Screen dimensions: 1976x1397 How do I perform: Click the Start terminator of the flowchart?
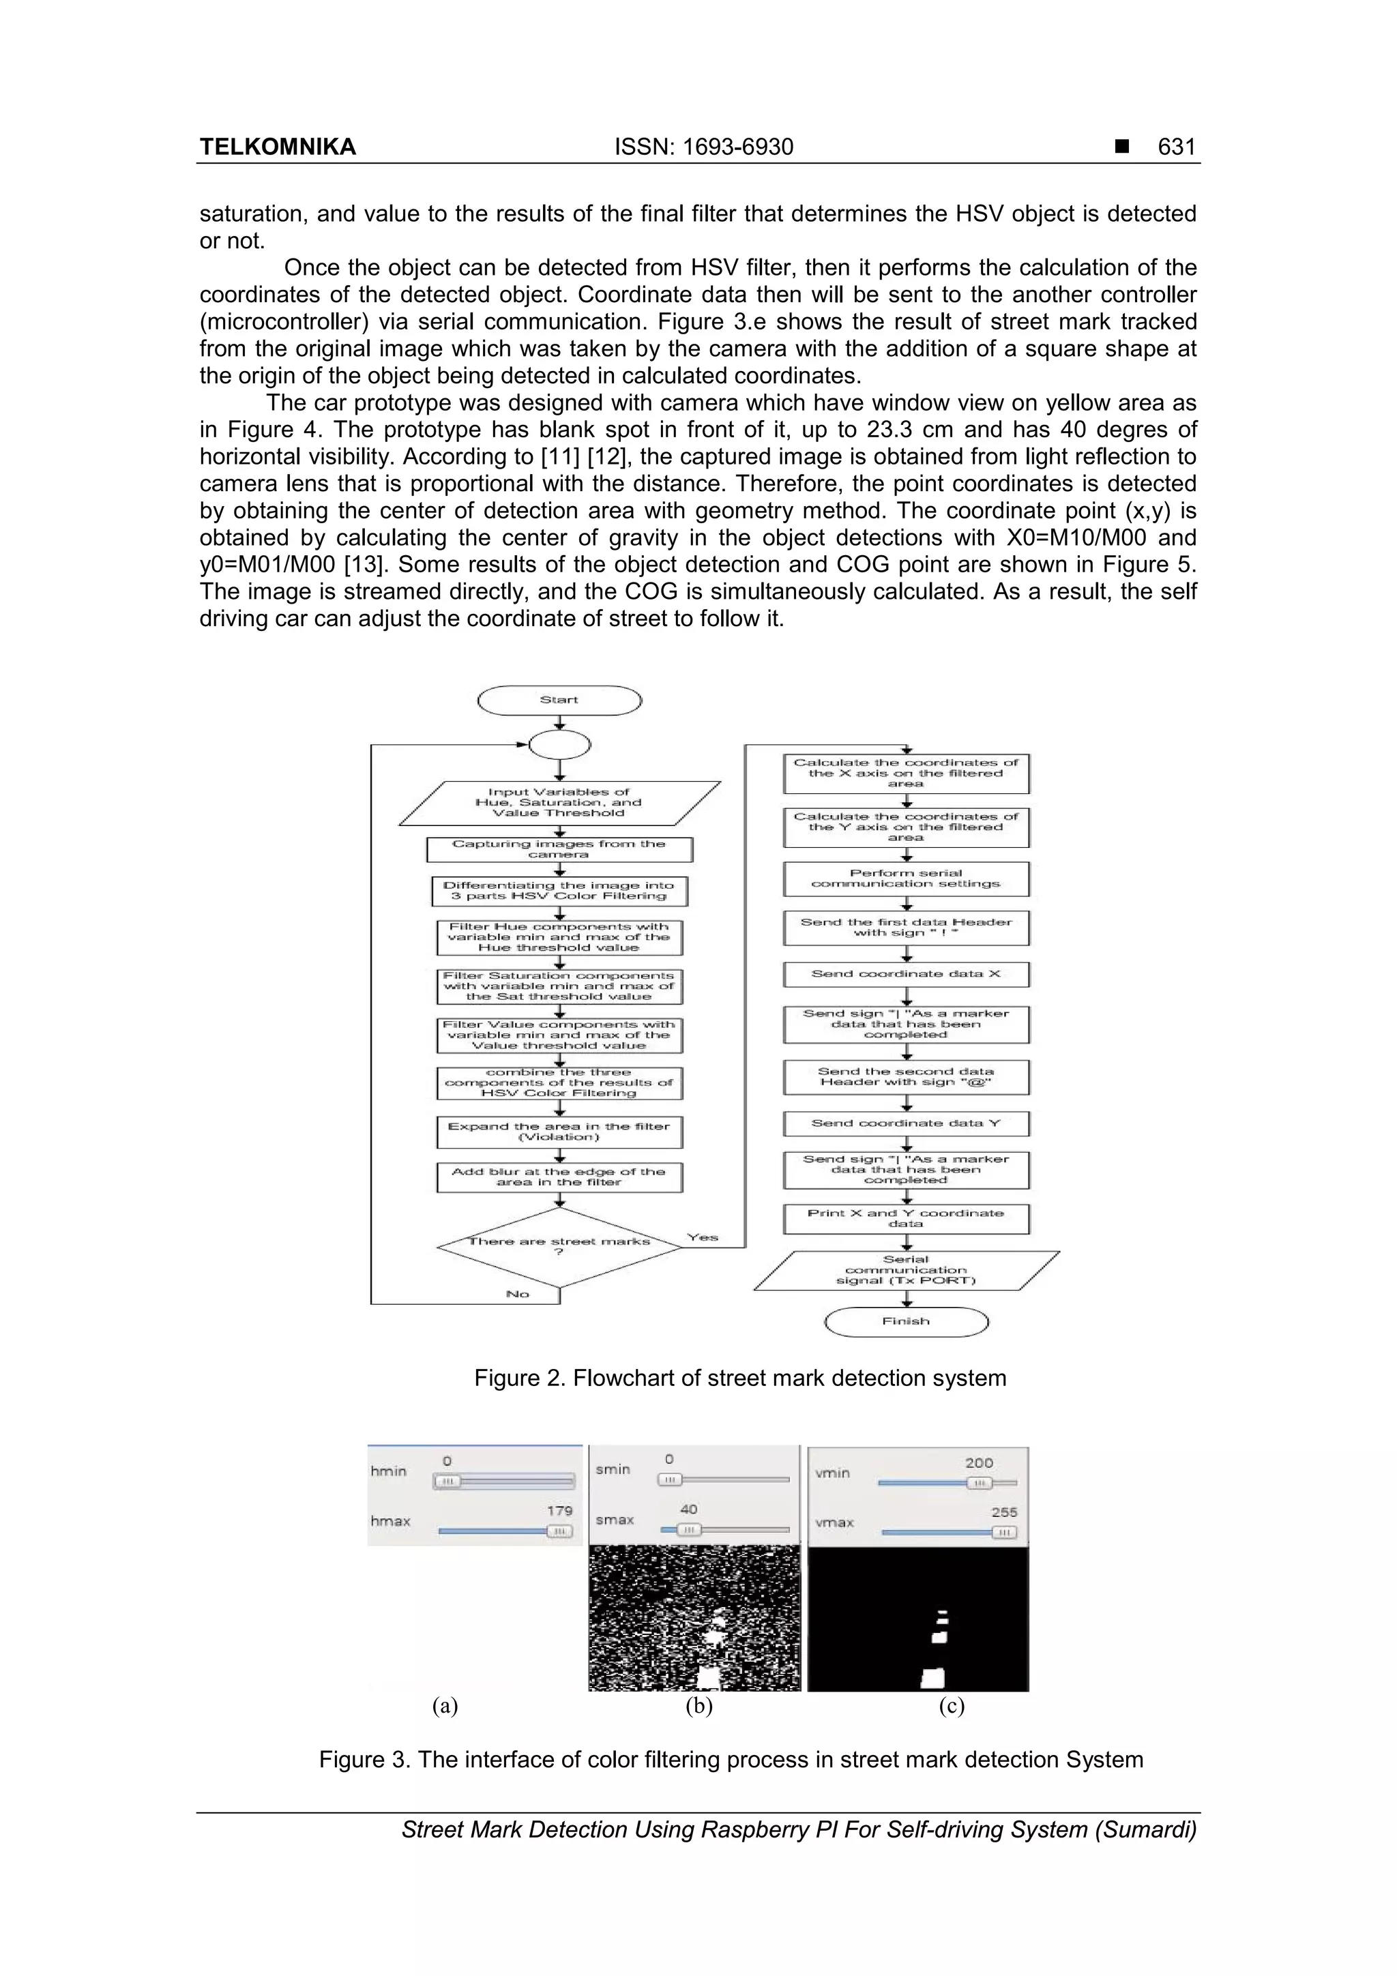pos(559,700)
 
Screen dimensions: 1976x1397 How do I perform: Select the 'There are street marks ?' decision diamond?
pos(559,1246)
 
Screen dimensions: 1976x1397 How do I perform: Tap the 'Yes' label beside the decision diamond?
pos(703,1237)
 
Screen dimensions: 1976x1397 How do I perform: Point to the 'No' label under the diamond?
pos(517,1293)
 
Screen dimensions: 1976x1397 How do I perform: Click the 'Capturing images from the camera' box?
pos(559,849)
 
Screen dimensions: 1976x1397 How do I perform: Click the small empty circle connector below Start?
pos(559,744)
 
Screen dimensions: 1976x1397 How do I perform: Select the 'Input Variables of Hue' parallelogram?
pos(559,802)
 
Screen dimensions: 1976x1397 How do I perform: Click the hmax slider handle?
pos(559,1531)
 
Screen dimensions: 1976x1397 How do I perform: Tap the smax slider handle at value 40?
pos(688,1529)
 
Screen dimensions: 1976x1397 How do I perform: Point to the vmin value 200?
pos(979,1462)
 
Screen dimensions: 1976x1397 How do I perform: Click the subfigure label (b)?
pos(698,1706)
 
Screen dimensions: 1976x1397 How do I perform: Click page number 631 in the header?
pos(1176,147)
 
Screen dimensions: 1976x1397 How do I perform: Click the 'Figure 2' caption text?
pos(739,1378)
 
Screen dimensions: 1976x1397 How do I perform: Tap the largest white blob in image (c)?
pos(932,1677)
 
